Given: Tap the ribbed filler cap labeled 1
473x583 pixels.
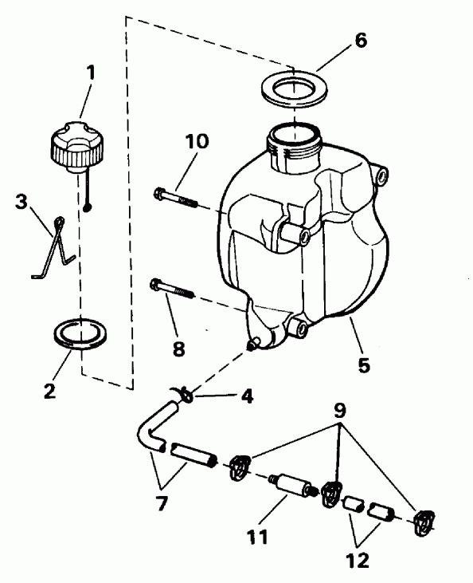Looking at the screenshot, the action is tap(77, 147).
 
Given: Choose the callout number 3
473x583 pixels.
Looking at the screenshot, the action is tap(21, 202).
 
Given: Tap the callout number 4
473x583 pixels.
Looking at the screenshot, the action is tap(248, 396).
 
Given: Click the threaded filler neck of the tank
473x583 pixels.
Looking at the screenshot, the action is tap(294, 148).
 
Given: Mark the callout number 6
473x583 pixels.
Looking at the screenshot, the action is tap(361, 40).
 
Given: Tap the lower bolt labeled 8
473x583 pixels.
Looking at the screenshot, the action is tap(172, 290).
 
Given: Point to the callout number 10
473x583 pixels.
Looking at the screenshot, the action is tap(197, 141).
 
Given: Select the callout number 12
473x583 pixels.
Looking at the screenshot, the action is tap(358, 560).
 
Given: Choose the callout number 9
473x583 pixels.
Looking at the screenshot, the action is tap(340, 411).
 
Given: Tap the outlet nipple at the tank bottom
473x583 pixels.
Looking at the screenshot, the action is tap(252, 345).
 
